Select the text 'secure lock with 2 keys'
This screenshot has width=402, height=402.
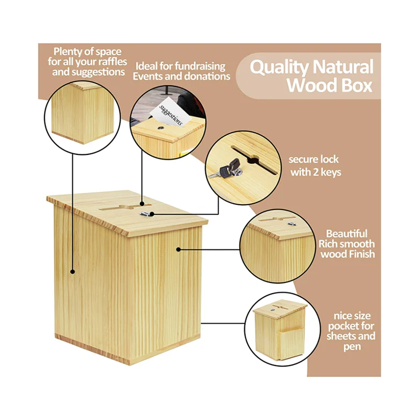tap(315, 166)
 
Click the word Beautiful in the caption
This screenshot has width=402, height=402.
tap(347, 234)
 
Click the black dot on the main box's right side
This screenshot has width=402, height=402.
tap(178, 249)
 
